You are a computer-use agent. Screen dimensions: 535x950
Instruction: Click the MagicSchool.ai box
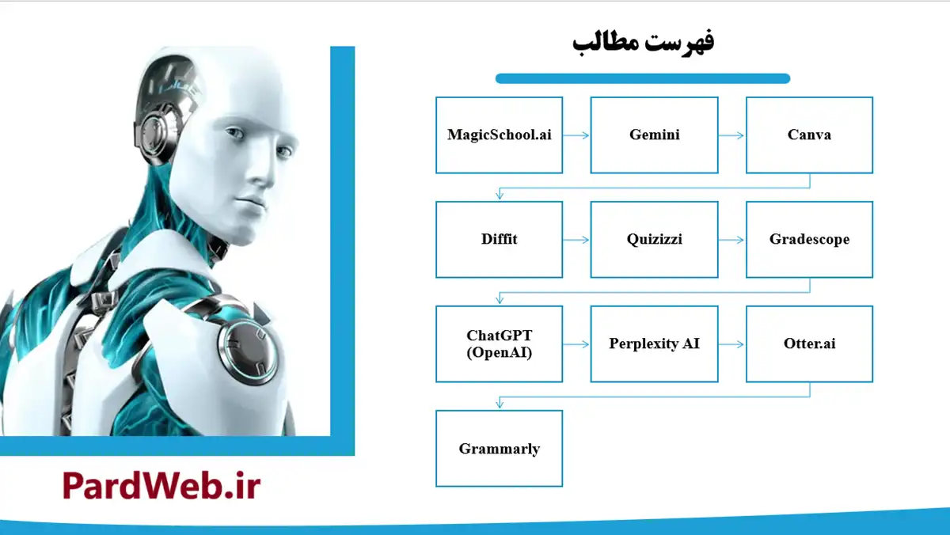pos(499,135)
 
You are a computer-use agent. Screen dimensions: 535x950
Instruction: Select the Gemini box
pos(654,135)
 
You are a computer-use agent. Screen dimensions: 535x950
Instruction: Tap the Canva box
pos(809,135)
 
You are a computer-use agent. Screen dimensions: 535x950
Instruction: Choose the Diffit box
pos(499,239)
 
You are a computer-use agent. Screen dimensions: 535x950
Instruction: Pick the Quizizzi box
pos(654,239)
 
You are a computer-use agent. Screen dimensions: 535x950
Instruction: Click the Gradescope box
pos(809,239)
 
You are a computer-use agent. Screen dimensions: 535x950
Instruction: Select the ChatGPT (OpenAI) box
pos(499,344)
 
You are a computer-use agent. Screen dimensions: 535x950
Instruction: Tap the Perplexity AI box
pos(654,344)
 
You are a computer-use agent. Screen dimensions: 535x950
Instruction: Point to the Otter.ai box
pos(809,344)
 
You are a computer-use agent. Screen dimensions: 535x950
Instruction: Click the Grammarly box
pos(499,449)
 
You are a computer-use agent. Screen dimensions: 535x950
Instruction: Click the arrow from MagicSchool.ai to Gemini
pos(576,135)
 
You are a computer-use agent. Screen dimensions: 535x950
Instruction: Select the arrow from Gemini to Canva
pos(731,135)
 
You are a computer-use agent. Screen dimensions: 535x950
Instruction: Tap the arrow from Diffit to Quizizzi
pos(576,240)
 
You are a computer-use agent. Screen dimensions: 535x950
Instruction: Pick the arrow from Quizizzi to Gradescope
pos(731,240)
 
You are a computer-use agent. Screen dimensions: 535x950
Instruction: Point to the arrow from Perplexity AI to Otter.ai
pos(731,344)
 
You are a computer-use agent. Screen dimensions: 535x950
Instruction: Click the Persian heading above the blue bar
pos(643,42)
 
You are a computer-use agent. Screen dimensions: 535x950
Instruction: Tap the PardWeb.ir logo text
pos(161,485)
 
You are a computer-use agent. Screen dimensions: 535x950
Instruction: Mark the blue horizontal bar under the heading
pos(643,78)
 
